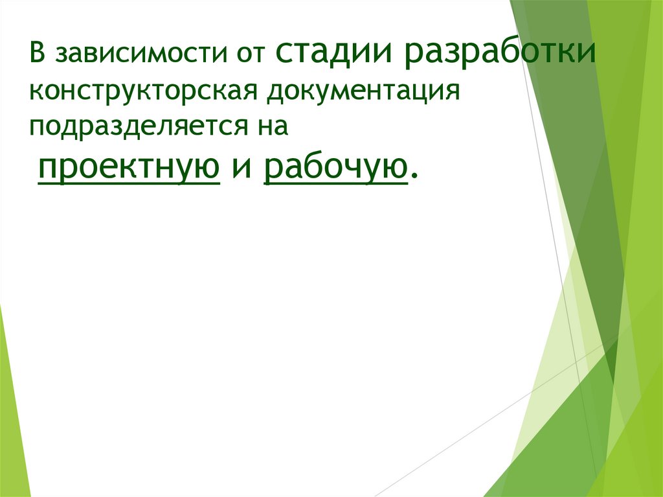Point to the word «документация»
tap(360, 91)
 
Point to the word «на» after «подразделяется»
tap(272, 125)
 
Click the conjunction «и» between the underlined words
tap(241, 170)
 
